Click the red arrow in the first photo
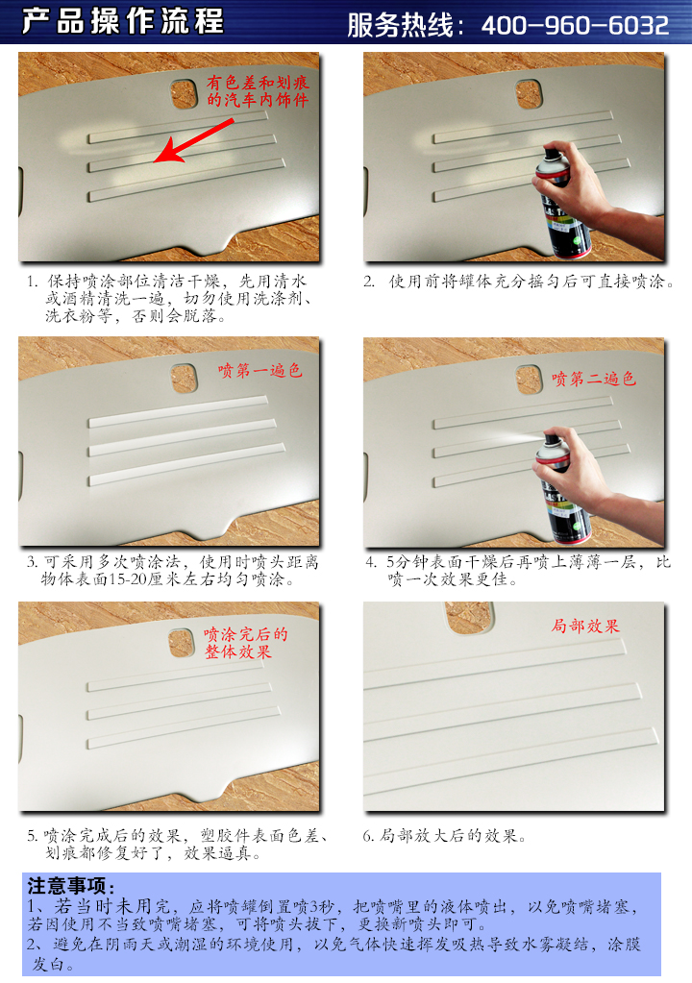pyautogui.click(x=193, y=140)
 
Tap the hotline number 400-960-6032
pyautogui.click(x=575, y=25)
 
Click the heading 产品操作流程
pyautogui.click(x=123, y=21)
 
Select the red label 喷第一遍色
pyautogui.click(x=260, y=371)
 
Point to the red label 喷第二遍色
pyautogui.click(x=594, y=378)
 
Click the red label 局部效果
pyautogui.click(x=585, y=626)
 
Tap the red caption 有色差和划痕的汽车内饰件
pyautogui.click(x=258, y=91)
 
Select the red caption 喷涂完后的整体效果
pyautogui.click(x=245, y=643)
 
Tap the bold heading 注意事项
pyautogui.click(x=71, y=886)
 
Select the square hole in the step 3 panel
pyautogui.click(x=185, y=379)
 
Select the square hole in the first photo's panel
pyautogui.click(x=185, y=94)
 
